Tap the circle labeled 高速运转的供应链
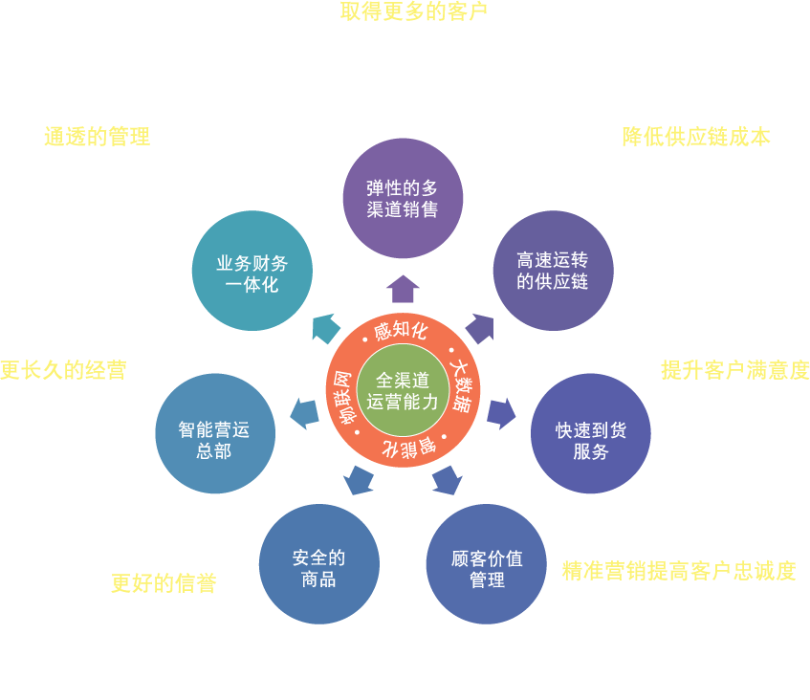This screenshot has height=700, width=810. point(553,271)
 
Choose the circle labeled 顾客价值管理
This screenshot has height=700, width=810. point(487,564)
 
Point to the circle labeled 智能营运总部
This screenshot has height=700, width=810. point(214,440)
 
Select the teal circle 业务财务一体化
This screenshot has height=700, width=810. point(252,272)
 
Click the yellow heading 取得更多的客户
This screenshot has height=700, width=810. point(414,12)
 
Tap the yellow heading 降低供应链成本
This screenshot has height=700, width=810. point(696,137)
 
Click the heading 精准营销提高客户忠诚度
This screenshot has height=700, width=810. point(679,572)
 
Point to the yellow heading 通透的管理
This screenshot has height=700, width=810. point(97,137)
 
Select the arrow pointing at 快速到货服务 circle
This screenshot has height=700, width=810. point(501,413)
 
